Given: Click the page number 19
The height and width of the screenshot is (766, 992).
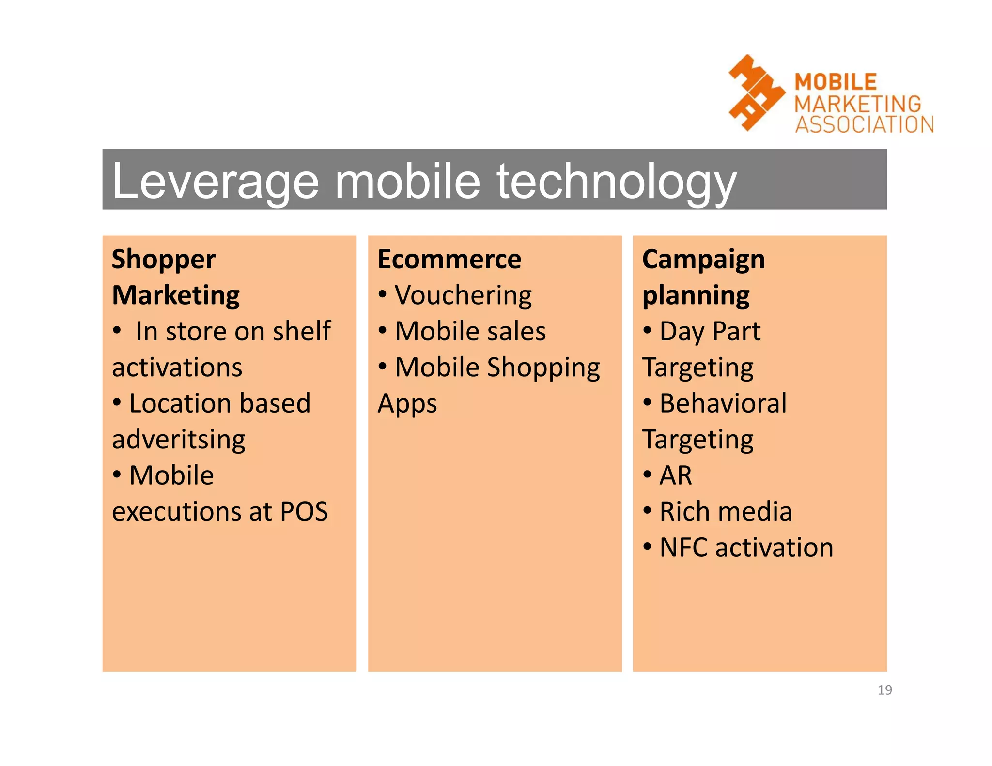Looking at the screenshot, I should pyautogui.click(x=884, y=689).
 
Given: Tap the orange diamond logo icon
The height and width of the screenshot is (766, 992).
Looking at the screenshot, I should pyautogui.click(x=756, y=92).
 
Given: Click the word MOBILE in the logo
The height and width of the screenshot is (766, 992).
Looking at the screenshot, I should pyautogui.click(x=836, y=82).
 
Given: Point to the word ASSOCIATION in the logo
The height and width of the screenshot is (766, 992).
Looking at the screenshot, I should pyautogui.click(x=865, y=124).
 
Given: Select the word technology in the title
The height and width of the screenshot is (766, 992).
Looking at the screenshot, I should pyautogui.click(x=617, y=182).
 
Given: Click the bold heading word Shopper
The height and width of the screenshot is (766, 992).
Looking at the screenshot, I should pyautogui.click(x=164, y=260).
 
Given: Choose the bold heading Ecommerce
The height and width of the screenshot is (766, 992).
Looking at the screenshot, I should pyautogui.click(x=449, y=259).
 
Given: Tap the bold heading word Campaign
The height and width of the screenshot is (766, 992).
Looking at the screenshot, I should pyautogui.click(x=703, y=260).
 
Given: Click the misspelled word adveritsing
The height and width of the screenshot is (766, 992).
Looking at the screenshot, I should pyautogui.click(x=179, y=440).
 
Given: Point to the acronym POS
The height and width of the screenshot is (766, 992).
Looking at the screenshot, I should pyautogui.click(x=304, y=511).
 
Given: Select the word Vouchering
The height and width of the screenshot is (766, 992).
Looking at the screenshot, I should pyautogui.click(x=463, y=295).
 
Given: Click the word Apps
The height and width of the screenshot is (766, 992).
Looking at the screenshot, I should pyautogui.click(x=407, y=404).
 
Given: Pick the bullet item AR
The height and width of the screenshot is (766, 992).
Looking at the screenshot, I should pyautogui.click(x=676, y=475).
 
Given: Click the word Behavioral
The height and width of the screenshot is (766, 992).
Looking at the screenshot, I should pyautogui.click(x=723, y=403).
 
